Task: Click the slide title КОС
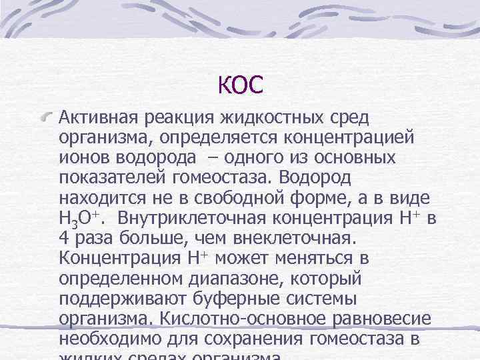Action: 240,84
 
